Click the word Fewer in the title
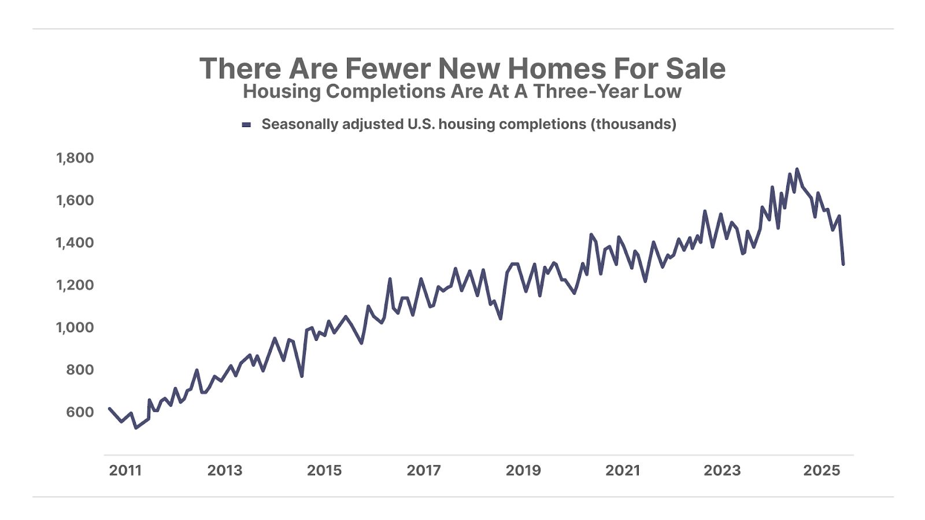pos(388,69)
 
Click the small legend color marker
pos(246,125)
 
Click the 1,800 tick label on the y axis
pos(75,158)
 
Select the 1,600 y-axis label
pos(75,200)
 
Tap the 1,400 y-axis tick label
pos(75,243)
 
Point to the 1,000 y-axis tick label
pos(75,327)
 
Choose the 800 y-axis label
pos(80,370)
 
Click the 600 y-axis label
pos(80,412)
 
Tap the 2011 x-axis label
pos(125,470)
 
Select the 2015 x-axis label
pos(324,470)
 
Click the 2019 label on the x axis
pos(523,470)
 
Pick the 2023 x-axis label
pos(722,470)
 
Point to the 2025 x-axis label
pos(822,470)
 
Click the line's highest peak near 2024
pos(797,169)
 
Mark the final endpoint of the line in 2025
pos(843,264)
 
